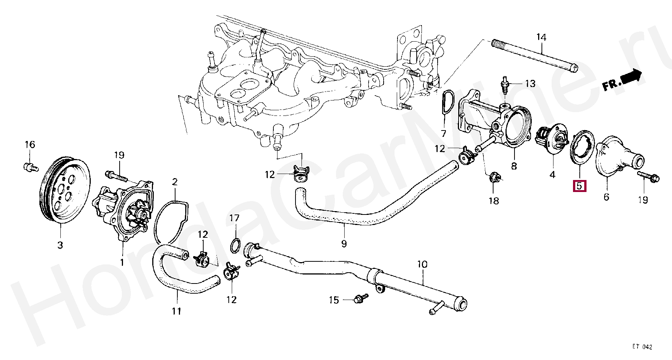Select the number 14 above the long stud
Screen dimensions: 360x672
541,37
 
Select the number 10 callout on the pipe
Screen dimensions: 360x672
422,264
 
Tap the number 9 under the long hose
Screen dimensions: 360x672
344,244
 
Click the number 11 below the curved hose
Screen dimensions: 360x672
177,311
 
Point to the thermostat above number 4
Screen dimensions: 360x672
551,140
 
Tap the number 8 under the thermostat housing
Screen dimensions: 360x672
513,165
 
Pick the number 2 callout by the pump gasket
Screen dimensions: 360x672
175,183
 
